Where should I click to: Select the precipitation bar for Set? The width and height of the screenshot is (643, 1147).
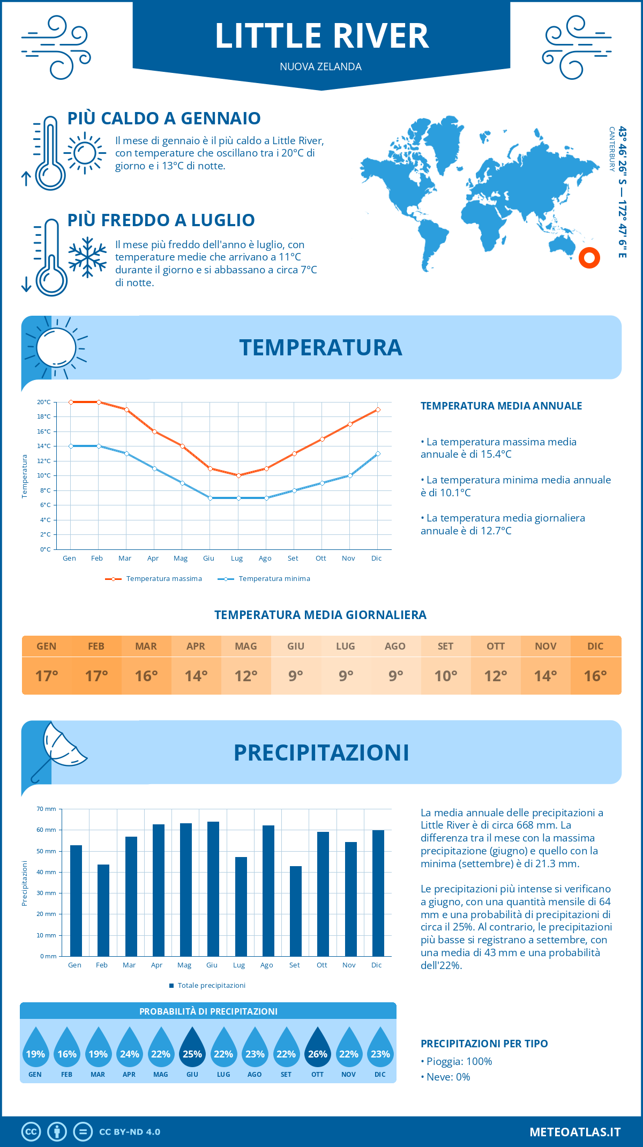pos(295,911)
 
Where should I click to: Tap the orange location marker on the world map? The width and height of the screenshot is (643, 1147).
pos(589,258)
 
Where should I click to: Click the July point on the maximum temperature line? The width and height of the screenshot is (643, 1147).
pos(238,475)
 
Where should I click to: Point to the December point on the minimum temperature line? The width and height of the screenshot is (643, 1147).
pos(378,453)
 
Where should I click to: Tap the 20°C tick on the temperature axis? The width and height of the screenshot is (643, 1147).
pos(44,402)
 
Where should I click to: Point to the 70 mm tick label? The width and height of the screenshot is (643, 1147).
pos(47,809)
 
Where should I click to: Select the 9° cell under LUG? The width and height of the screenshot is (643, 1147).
pos(346,676)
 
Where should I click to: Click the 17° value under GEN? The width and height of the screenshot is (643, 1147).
pos(47,676)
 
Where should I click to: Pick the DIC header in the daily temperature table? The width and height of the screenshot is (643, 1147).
pos(595,646)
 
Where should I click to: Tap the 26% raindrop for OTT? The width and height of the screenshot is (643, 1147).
pos(318,1049)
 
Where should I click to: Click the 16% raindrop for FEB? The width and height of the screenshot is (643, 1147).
pos(67,1049)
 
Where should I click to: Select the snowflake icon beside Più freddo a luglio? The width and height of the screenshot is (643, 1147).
pos(87,257)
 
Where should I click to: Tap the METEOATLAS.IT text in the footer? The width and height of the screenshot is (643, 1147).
pos(574,1132)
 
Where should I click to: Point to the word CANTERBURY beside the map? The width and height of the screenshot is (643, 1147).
pos(611,149)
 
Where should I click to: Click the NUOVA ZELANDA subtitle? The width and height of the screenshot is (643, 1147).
pos(320,67)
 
